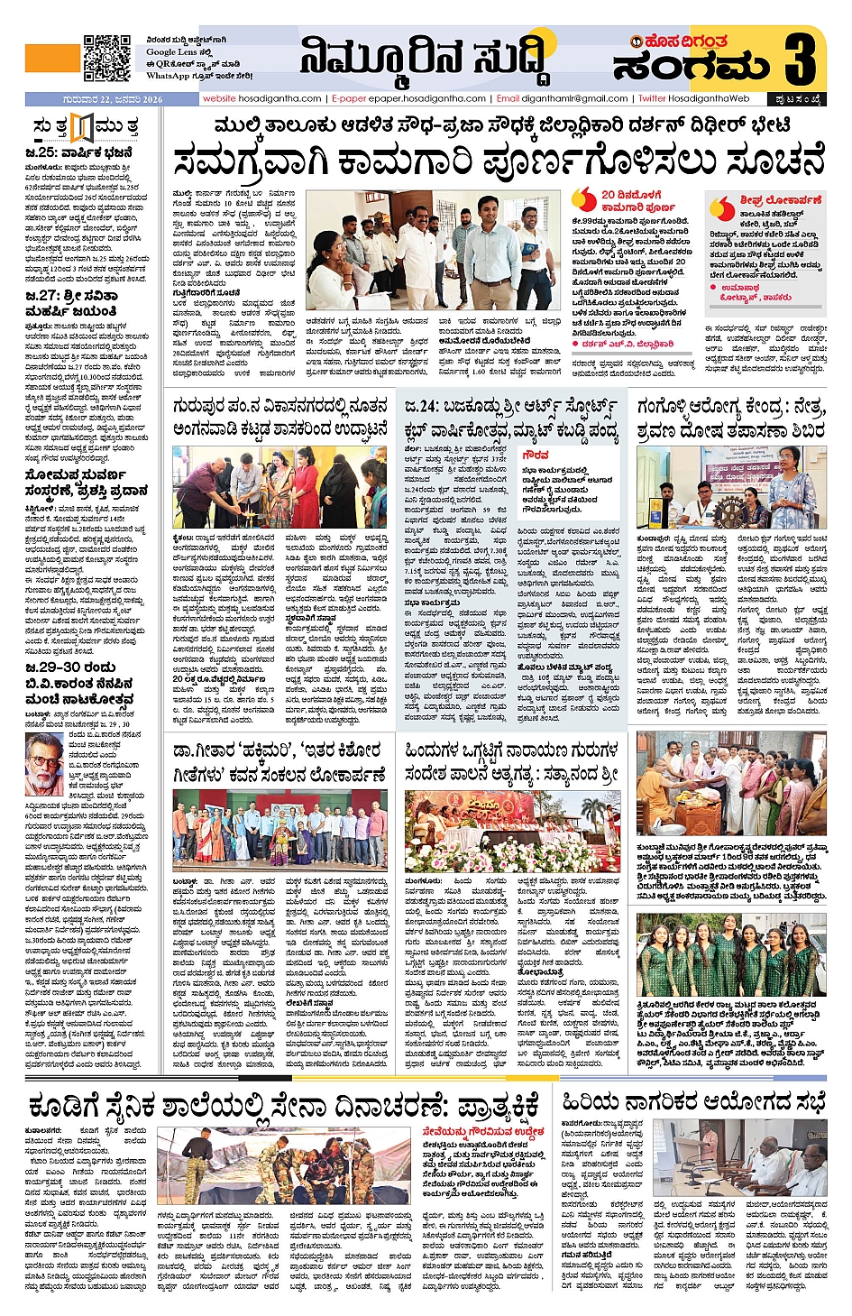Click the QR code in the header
click(106, 59)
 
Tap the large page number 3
click(800, 60)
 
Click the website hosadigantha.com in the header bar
click(261, 98)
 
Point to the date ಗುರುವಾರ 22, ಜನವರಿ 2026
click(113, 99)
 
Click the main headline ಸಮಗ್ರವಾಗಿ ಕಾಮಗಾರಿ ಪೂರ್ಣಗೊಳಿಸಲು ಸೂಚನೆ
click(499, 161)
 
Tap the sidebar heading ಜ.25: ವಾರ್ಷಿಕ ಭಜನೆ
click(80, 152)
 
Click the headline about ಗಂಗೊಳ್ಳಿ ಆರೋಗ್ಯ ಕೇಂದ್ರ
click(730, 419)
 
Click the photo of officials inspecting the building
click(434, 252)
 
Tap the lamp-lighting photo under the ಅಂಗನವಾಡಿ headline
click(279, 488)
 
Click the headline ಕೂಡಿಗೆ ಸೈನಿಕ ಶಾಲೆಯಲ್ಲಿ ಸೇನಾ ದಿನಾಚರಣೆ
click(285, 1105)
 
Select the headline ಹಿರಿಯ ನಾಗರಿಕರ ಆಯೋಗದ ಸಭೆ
click(693, 1101)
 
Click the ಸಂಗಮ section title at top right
click(692, 67)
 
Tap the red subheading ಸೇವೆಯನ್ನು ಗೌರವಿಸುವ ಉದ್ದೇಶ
click(483, 1131)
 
